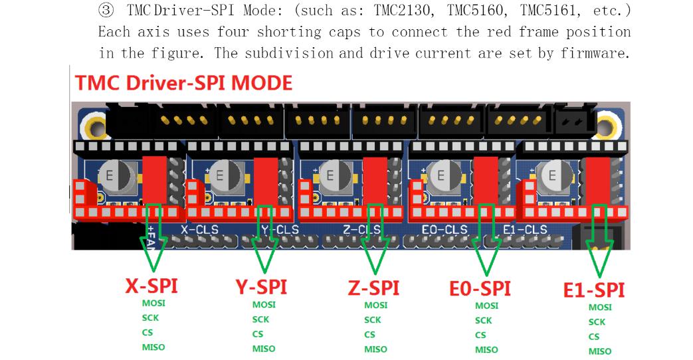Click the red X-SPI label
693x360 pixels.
[x=151, y=286]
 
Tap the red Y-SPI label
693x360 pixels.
[x=261, y=287]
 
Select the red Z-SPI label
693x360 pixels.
[x=373, y=288]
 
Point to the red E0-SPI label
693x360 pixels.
[x=480, y=289]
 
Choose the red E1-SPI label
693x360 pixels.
[x=593, y=290]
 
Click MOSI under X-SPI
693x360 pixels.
[x=153, y=304]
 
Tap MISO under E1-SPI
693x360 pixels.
[x=600, y=351]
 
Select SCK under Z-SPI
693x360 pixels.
[x=373, y=319]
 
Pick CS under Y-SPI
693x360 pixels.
[x=258, y=334]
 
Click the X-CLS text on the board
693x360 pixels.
[x=199, y=230]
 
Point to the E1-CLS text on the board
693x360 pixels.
[x=525, y=230]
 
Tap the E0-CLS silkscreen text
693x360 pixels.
[x=445, y=230]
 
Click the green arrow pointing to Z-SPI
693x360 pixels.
[x=375, y=238]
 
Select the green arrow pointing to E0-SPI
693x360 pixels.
[x=486, y=239]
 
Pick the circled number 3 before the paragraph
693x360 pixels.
[x=106, y=10]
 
